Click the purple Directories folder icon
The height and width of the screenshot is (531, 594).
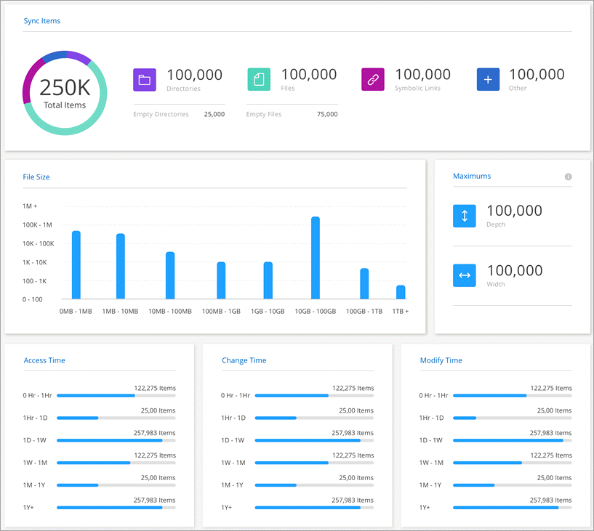pos(144,80)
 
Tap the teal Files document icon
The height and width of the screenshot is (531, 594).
pos(258,80)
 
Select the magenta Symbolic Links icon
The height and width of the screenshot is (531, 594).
pos(373,80)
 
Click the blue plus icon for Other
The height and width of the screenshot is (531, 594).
pos(488,80)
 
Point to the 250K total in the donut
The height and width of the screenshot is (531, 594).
pos(65,88)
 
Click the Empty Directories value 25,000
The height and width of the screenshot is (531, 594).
pos(214,114)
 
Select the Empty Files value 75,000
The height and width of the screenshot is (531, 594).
pos(327,114)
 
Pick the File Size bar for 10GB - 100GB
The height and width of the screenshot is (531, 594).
pos(316,258)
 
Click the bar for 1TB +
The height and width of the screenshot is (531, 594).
pos(401,292)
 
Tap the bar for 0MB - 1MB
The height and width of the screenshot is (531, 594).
pos(76,265)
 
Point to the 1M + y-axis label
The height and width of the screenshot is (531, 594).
pos(30,206)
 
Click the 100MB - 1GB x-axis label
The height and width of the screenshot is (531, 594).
pos(222,311)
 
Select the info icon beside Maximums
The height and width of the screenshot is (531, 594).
pos(568,177)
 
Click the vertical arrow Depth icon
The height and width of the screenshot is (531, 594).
pos(465,216)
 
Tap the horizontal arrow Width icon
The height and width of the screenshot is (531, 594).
pos(465,275)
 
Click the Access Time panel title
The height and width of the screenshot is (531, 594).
pos(44,360)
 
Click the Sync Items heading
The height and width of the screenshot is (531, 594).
pos(42,21)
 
